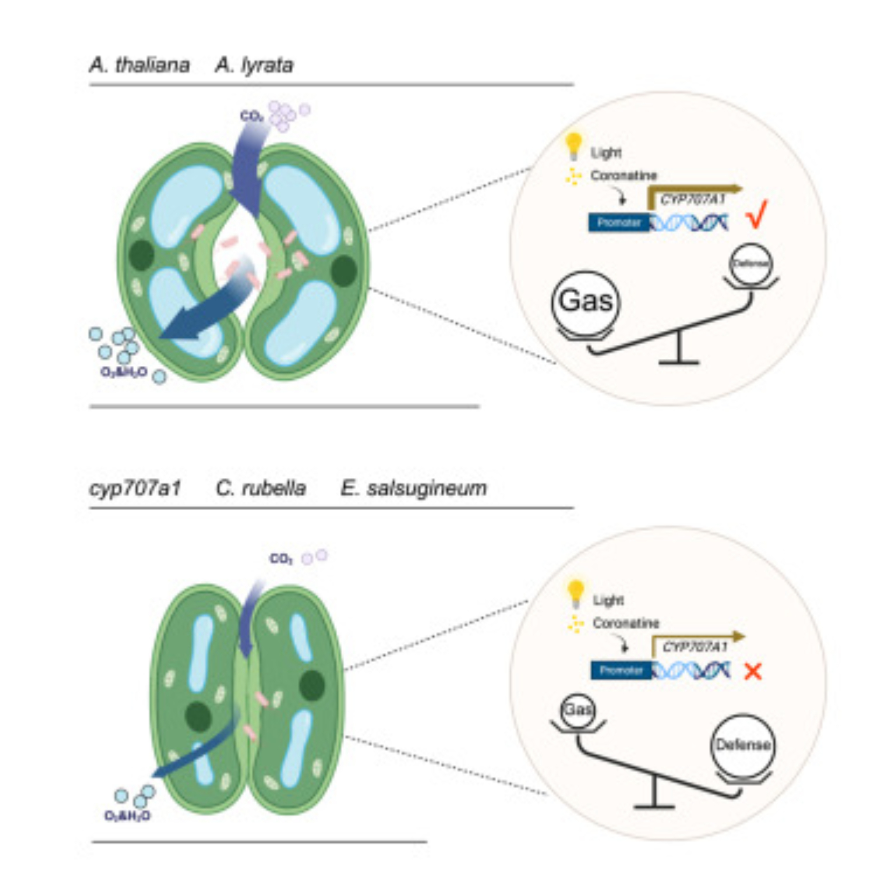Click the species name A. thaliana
(x=139, y=65)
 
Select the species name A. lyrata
(x=254, y=65)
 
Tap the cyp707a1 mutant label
(x=135, y=488)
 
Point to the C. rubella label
(x=261, y=488)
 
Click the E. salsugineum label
(x=413, y=488)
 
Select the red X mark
(x=753, y=671)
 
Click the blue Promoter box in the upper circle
(x=619, y=223)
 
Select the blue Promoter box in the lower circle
(x=621, y=670)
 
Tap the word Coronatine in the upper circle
(x=623, y=176)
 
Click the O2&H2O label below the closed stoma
(x=127, y=816)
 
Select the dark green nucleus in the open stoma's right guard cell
(x=343, y=271)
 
